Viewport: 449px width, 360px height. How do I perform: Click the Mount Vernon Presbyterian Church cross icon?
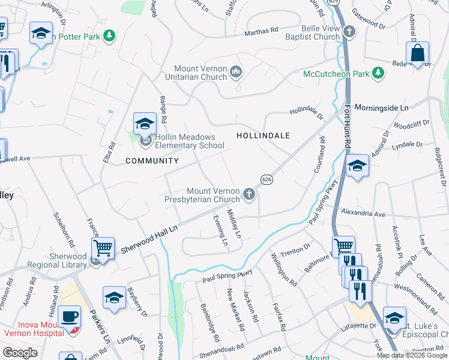249,194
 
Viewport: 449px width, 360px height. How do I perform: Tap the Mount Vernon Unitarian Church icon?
236,73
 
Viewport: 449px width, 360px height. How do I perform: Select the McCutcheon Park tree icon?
378,73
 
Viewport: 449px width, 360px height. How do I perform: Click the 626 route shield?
267,179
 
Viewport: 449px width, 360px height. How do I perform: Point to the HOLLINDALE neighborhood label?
263,136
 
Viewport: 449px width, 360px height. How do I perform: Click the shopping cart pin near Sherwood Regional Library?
103,247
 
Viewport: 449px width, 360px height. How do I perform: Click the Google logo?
20,353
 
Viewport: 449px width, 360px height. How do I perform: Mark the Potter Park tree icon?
109,36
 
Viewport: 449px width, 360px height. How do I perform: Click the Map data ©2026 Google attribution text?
411,355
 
